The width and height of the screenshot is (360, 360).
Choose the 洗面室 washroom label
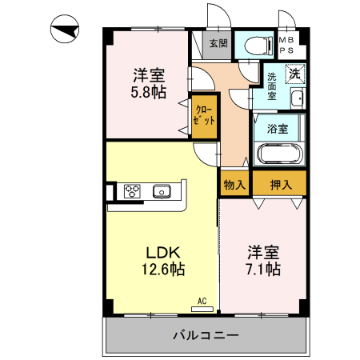click(272, 83)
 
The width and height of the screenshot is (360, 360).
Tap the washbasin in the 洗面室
click(296, 100)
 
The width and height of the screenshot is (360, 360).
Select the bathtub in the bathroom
click(278, 153)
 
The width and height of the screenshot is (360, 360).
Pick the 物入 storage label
click(234, 184)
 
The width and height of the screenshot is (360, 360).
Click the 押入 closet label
click(281, 184)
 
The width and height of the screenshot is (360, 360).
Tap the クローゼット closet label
click(203, 114)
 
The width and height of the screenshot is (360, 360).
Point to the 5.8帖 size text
click(150, 93)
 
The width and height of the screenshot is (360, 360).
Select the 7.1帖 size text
click(263, 269)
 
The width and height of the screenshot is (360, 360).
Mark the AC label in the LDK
click(202, 301)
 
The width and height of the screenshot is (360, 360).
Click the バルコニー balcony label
click(206, 335)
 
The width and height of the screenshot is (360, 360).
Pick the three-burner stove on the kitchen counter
click(131, 191)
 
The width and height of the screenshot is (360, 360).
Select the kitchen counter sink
click(162, 191)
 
